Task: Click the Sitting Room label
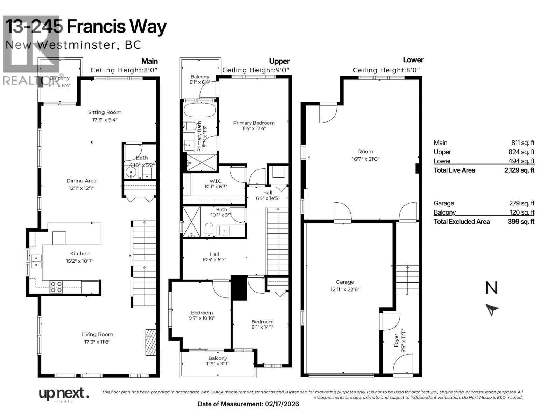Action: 105,112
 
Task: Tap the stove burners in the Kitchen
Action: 56,287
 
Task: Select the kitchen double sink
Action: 36,261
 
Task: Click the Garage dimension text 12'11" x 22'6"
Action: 345,289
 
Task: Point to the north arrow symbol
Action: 492,310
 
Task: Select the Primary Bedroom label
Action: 254,123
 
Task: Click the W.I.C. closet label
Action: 216,181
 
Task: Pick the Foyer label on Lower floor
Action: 396,340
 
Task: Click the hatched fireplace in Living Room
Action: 151,342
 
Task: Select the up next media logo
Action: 63,394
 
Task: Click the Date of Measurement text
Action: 248,404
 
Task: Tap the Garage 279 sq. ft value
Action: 521,203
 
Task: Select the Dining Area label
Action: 81,181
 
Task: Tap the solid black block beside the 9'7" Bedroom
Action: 239,288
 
